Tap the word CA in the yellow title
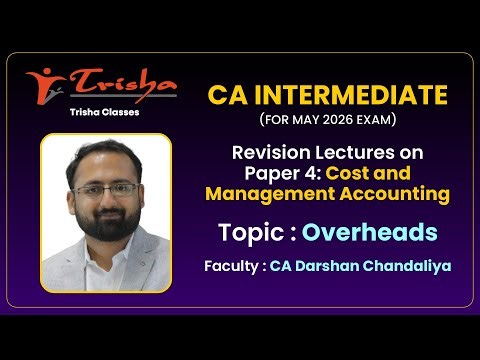click(x=226, y=95)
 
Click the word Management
click(x=266, y=192)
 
